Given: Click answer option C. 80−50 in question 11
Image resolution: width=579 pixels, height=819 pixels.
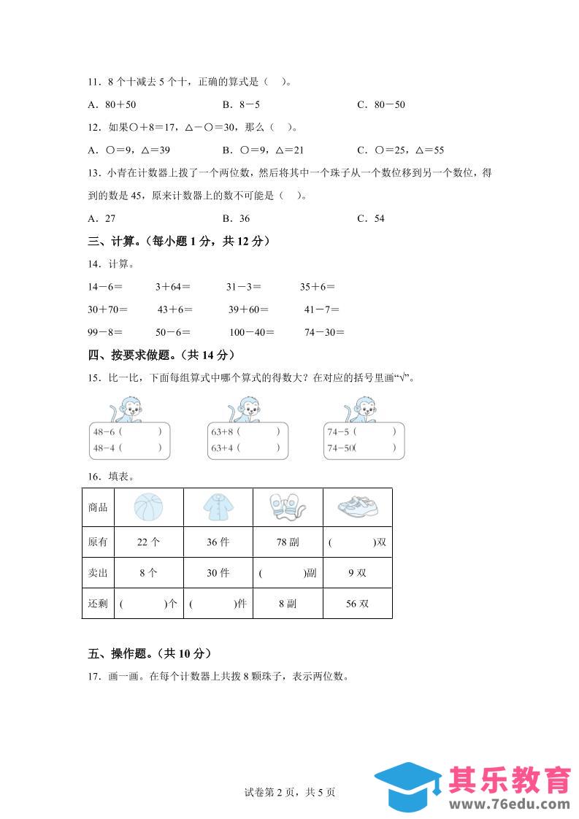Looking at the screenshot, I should pos(380,104).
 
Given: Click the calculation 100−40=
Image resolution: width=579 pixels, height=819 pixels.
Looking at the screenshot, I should pos(251,332).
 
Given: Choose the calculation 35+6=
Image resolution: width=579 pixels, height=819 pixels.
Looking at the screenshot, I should pos(318,287).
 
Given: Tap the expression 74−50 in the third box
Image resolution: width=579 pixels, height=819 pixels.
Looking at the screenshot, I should pos(340,448).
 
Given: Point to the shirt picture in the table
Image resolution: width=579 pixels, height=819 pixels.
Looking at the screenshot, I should pos(218,507).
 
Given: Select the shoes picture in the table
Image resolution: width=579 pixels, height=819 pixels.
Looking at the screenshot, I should pos(357,507).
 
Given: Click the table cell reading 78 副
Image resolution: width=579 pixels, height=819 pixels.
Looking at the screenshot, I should pos(287,542).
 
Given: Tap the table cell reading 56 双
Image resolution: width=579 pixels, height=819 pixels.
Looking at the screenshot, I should pos(357,604).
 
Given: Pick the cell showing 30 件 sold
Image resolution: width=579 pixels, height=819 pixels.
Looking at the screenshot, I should pos(218,573).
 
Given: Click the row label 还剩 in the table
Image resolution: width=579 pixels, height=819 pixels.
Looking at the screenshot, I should pos(97,604).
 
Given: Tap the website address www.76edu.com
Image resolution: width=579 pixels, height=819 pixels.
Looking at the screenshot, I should pos(510,804).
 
